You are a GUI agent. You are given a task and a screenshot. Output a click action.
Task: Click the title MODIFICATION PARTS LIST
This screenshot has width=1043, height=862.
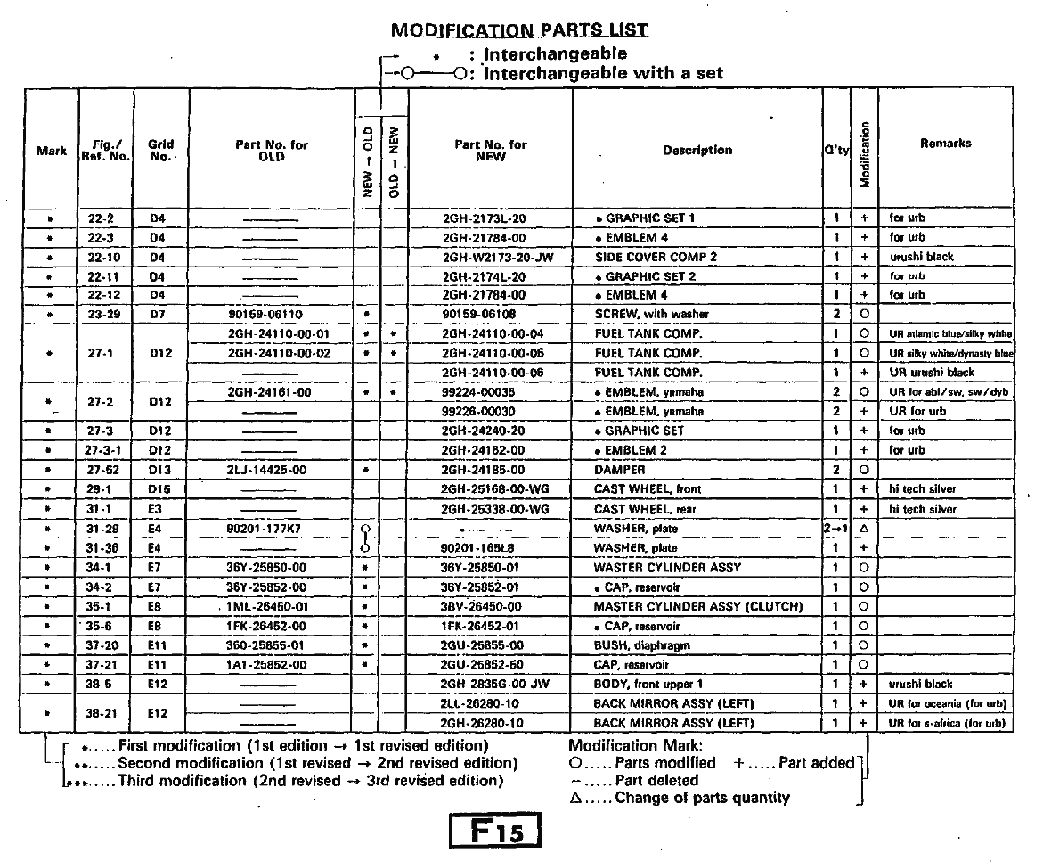(x=519, y=30)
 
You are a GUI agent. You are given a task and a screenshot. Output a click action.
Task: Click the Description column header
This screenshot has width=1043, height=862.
(x=697, y=150)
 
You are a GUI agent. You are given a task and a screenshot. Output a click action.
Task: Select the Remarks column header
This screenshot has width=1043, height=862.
(x=945, y=143)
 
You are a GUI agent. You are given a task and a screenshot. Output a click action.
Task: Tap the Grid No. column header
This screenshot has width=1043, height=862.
(x=159, y=150)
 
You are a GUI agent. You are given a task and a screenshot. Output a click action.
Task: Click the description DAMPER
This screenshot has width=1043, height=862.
(x=614, y=470)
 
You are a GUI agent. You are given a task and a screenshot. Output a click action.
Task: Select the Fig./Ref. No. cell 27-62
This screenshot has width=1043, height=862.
(x=106, y=470)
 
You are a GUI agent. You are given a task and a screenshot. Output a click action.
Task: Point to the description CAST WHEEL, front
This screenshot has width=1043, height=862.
(x=648, y=489)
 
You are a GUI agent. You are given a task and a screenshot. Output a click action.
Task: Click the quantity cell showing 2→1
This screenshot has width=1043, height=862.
(x=835, y=529)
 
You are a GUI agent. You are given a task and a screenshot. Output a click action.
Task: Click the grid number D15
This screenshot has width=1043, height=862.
(x=159, y=489)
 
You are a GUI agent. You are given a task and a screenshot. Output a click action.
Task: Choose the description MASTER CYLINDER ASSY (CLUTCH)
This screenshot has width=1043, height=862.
(x=698, y=607)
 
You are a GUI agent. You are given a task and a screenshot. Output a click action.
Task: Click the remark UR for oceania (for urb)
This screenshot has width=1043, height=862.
(x=946, y=704)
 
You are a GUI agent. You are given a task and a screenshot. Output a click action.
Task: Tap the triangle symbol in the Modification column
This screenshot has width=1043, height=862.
(x=863, y=529)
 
